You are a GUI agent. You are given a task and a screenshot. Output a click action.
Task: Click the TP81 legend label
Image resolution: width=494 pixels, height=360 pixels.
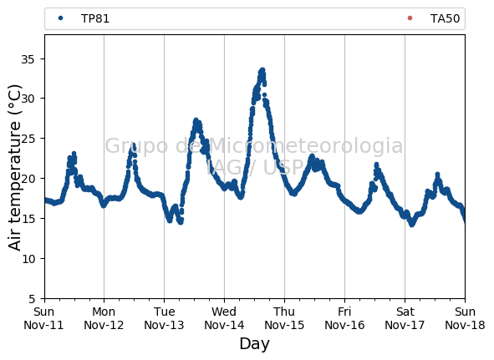coord(95,18)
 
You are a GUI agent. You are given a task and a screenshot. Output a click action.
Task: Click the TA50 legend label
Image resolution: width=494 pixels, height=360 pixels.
coord(445,18)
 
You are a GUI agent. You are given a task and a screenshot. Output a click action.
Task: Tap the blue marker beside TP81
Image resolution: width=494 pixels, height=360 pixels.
coord(60,18)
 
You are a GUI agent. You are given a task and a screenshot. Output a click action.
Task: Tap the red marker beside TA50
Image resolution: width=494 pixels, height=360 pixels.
coord(410,18)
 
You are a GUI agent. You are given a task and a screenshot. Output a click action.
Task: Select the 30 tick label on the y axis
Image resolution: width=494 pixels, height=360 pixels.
coord(28,99)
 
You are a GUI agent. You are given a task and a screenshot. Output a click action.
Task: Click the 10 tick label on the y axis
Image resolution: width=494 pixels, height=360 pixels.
coord(28,259)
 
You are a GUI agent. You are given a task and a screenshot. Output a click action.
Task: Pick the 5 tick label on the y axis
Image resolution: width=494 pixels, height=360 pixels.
coord(32,299)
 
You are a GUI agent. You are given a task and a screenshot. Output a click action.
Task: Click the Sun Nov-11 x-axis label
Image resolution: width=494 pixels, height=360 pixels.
coord(43,318)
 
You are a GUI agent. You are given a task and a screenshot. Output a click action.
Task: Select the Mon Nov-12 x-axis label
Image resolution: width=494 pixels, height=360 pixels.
coord(104,318)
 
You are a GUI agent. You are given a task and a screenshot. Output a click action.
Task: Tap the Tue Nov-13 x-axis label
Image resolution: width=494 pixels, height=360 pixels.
coord(164,318)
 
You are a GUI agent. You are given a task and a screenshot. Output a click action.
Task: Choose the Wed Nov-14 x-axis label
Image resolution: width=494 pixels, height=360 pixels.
coord(224,318)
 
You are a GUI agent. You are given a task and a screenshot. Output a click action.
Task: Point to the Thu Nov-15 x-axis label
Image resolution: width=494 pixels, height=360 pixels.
coord(284,318)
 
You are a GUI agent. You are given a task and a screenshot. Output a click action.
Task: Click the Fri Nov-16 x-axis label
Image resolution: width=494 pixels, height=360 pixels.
coord(344,318)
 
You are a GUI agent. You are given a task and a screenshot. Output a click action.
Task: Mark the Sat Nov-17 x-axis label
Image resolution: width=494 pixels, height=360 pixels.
coord(405,318)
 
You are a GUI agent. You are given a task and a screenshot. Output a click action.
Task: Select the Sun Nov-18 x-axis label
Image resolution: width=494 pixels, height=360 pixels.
coord(465,318)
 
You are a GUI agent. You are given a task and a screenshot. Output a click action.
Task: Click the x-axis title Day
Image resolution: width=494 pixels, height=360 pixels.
coord(255,344)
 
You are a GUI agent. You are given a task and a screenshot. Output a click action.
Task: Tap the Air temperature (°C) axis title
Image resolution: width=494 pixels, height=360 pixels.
coord(14,168)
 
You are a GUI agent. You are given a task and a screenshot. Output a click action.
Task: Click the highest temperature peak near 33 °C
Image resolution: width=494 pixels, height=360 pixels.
coord(262,70)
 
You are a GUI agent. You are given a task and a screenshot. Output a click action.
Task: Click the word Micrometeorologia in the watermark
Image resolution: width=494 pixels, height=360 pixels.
coord(305,145)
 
